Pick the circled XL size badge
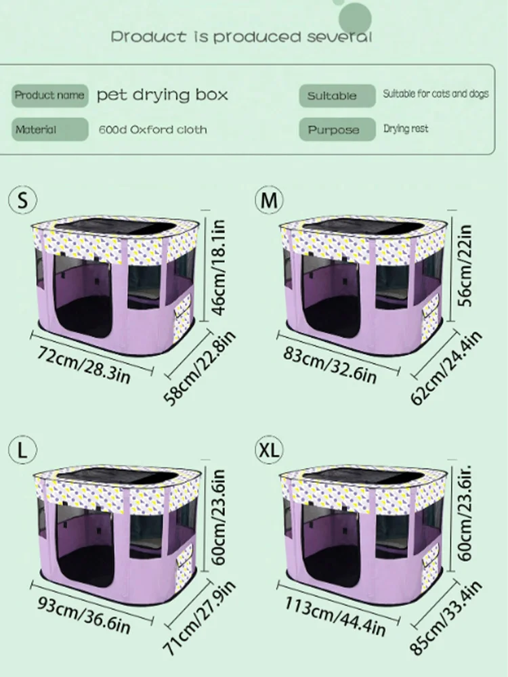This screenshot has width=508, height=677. [x=270, y=450]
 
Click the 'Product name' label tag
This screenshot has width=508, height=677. [x=49, y=95]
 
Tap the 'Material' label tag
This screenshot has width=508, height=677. [x=49, y=129]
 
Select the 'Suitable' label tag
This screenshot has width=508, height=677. [x=337, y=95]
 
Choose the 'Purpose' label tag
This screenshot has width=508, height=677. [x=337, y=129]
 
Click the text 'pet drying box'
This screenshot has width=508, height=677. [x=162, y=95]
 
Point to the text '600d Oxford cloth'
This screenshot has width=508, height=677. [x=153, y=129]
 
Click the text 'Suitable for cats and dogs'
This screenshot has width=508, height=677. [x=436, y=93]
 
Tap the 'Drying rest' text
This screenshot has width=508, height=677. [x=406, y=128]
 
